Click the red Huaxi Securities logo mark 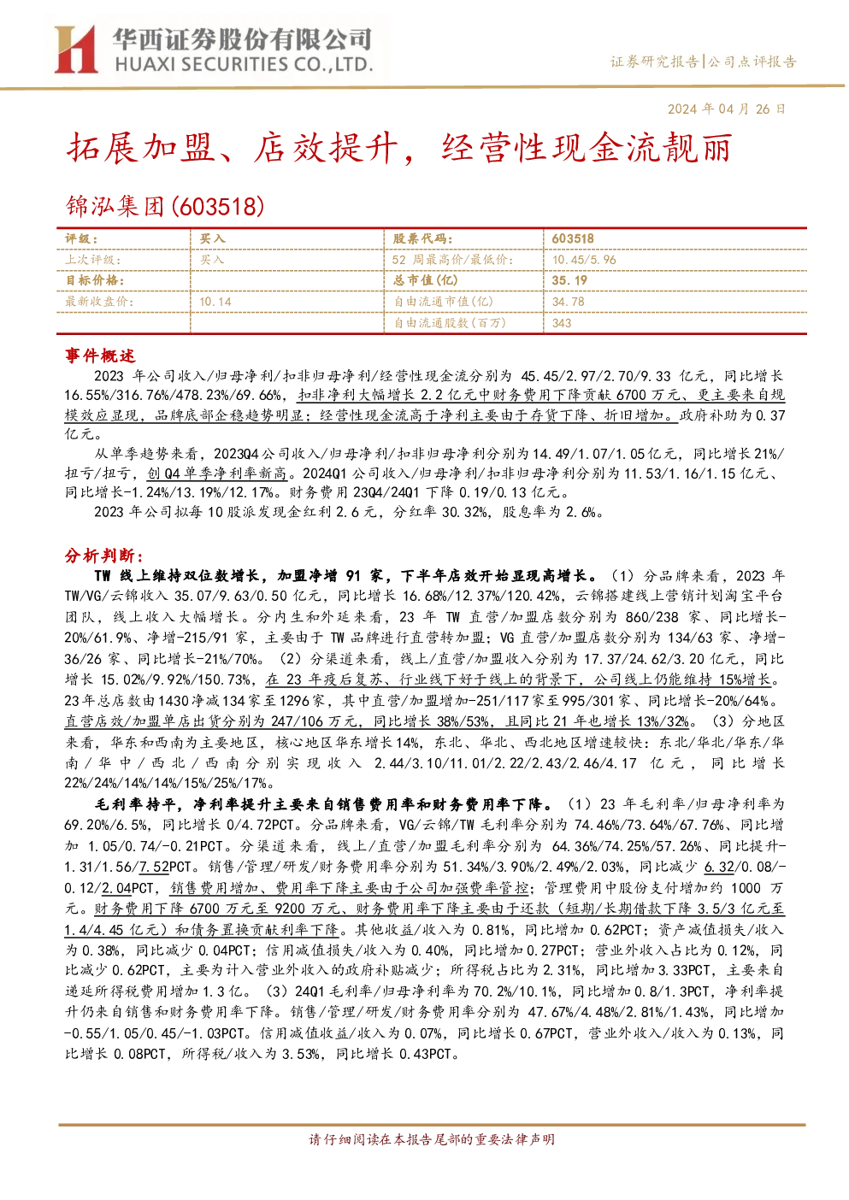[75, 50]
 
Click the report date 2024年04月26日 [726, 109]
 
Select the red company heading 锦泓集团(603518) [165, 206]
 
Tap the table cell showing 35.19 [569, 280]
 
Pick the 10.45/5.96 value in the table [584, 260]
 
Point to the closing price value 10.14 [215, 302]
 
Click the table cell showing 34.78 [569, 302]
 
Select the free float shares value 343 [562, 323]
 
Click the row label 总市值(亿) [426, 280]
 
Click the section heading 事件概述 [100, 356]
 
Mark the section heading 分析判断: [104, 556]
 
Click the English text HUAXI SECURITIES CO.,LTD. [244, 65]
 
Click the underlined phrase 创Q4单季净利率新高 [217, 473]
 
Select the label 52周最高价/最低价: [453, 260]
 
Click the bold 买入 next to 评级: [212, 239]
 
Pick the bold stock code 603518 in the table [573, 239]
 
